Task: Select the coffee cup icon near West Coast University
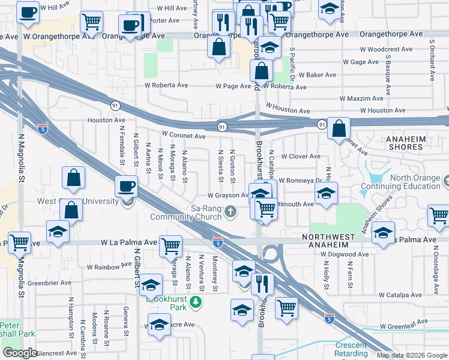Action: (127, 187)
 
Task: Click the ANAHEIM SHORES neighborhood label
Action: (414, 143)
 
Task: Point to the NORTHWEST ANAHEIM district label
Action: (333, 237)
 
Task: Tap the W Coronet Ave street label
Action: (184, 136)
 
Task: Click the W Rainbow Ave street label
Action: (109, 266)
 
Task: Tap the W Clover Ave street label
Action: (301, 157)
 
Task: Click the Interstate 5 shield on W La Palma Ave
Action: (218, 242)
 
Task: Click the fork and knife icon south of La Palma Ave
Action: (262, 283)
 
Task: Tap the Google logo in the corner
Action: (20, 352)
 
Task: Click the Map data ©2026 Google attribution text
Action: (412, 355)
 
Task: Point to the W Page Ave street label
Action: (234, 86)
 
